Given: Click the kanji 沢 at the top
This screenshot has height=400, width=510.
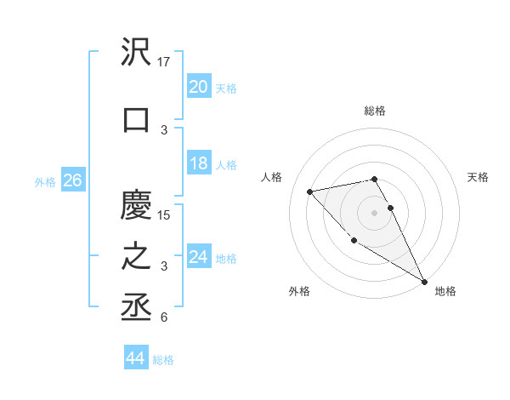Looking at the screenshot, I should [x=136, y=53].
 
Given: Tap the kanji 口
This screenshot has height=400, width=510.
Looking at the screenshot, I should [x=136, y=120].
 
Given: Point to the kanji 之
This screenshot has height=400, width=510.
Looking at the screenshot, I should [x=136, y=258].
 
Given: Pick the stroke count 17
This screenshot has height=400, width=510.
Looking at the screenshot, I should [x=165, y=61].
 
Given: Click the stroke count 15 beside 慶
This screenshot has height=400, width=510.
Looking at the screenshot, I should [x=165, y=214].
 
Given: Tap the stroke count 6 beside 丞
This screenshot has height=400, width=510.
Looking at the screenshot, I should [x=164, y=317].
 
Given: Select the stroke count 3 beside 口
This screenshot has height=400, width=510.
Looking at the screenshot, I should [x=164, y=129].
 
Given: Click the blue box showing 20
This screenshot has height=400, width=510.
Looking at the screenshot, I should [x=198, y=86].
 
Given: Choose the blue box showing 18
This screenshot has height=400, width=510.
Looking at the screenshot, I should [x=198, y=163].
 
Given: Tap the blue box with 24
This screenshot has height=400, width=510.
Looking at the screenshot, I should [x=198, y=257].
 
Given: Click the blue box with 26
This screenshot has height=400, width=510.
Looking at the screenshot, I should [x=72, y=180].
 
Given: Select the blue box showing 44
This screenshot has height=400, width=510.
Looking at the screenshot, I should [x=135, y=358].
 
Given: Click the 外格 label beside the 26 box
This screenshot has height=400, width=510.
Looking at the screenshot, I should [x=45, y=181].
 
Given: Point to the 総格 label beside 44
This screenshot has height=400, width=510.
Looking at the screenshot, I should [x=163, y=360].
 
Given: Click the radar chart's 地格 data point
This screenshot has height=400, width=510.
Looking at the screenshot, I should [x=425, y=281].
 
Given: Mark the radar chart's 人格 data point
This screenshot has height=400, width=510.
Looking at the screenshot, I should [x=310, y=191].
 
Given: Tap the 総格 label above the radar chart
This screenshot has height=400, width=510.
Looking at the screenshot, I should [x=374, y=111].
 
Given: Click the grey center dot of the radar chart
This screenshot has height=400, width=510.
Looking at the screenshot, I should [x=374, y=212].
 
